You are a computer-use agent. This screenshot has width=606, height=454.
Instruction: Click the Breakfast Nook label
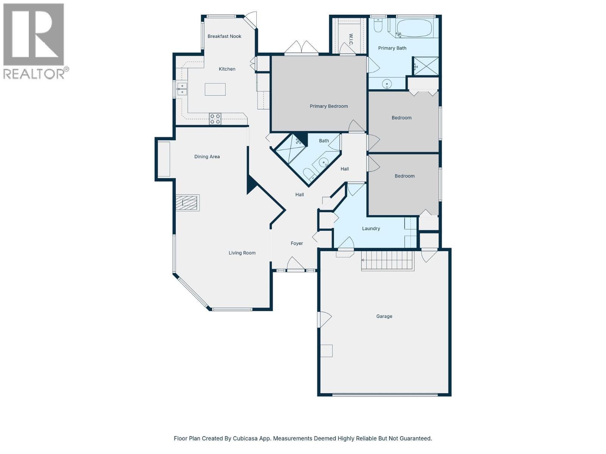tap(224, 36)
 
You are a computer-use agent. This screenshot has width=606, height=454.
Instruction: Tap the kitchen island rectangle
tap(215, 89)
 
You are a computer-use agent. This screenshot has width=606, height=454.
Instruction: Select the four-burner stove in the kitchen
tap(215, 119)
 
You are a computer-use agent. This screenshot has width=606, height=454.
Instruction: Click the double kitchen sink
tap(182, 89)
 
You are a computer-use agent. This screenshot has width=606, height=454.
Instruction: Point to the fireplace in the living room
tap(187, 203)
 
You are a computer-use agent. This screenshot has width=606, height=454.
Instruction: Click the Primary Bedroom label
tap(328, 106)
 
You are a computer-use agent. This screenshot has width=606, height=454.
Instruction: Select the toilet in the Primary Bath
tap(378, 25)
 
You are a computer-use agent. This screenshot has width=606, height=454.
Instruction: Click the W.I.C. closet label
tap(351, 39)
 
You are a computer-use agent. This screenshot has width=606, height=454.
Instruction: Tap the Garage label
tap(384, 316)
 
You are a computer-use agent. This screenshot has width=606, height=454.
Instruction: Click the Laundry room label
tap(371, 229)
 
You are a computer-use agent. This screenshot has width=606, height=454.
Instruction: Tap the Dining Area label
tap(207, 157)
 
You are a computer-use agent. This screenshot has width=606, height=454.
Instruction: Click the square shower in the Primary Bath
tap(426, 66)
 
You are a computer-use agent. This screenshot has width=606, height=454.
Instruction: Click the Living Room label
tap(242, 253)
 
